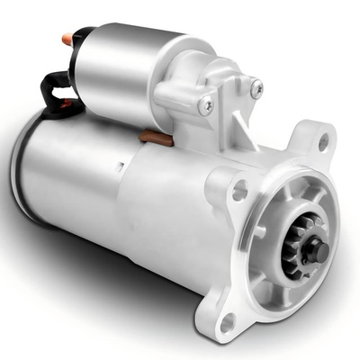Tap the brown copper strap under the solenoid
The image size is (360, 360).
(154, 138)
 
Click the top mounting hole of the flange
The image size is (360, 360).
(321, 141)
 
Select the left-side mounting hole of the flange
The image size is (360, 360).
(239, 190)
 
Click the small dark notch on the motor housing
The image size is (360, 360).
(120, 166)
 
